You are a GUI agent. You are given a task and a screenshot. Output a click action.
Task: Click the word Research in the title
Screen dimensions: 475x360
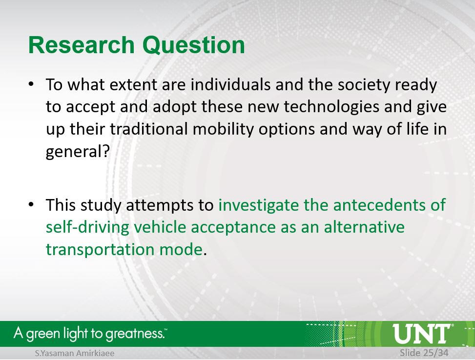(81, 45)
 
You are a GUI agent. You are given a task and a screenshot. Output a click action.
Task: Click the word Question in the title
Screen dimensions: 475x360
(194, 45)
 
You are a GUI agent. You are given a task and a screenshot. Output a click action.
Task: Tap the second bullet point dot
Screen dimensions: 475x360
(31, 204)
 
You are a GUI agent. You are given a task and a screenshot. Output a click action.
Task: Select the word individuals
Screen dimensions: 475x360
(230, 84)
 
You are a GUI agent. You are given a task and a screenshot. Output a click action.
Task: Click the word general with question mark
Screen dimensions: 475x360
(77, 151)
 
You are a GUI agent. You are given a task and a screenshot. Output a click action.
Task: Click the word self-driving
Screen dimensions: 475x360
(87, 228)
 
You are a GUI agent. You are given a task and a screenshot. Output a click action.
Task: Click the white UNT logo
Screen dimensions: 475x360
(421, 334)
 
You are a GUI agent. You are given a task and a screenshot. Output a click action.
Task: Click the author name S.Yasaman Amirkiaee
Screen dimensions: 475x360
(75, 353)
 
